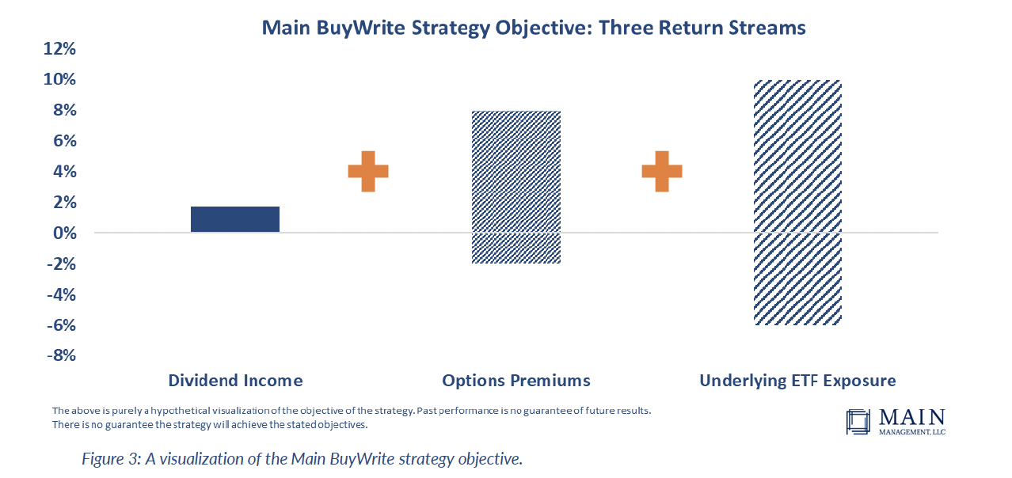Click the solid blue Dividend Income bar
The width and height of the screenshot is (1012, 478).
235,219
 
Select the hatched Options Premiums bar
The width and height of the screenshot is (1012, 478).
516,187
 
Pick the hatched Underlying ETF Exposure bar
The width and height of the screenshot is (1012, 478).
797,203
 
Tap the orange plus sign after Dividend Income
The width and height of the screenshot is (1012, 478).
368,172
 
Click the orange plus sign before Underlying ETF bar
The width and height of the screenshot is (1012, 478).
662,172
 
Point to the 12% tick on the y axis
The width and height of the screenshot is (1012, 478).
59,49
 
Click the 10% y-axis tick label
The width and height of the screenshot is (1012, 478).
59,79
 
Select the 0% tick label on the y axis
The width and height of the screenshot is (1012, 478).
65,233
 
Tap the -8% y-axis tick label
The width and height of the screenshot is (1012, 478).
62,355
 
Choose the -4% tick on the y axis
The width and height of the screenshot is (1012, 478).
62,294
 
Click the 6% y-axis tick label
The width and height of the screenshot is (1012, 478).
65,141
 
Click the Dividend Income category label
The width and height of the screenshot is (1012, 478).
235,381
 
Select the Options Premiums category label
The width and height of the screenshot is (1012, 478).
516,381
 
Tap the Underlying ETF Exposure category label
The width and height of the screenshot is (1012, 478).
798,381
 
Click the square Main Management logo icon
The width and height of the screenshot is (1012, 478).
858,422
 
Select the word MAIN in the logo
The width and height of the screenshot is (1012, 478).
911,418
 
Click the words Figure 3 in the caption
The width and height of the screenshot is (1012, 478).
111,459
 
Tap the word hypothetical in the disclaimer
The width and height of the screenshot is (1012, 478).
181,411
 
